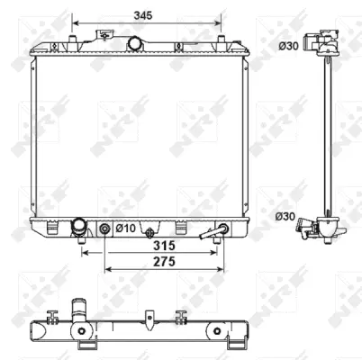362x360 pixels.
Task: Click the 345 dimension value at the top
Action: pyautogui.click(x=143, y=15)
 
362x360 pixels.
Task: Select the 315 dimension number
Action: pyautogui.click(x=162, y=245)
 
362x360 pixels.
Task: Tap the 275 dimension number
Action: pyautogui.click(x=162, y=261)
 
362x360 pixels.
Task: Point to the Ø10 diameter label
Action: pyautogui.click(x=125, y=229)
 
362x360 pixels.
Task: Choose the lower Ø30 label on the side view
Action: pyautogui.click(x=286, y=215)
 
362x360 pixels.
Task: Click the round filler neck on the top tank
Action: pyautogui.click(x=136, y=43)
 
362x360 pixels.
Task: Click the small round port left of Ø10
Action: pyautogui.click(x=105, y=229)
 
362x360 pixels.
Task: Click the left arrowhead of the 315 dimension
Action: pyautogui.click(x=86, y=252)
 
